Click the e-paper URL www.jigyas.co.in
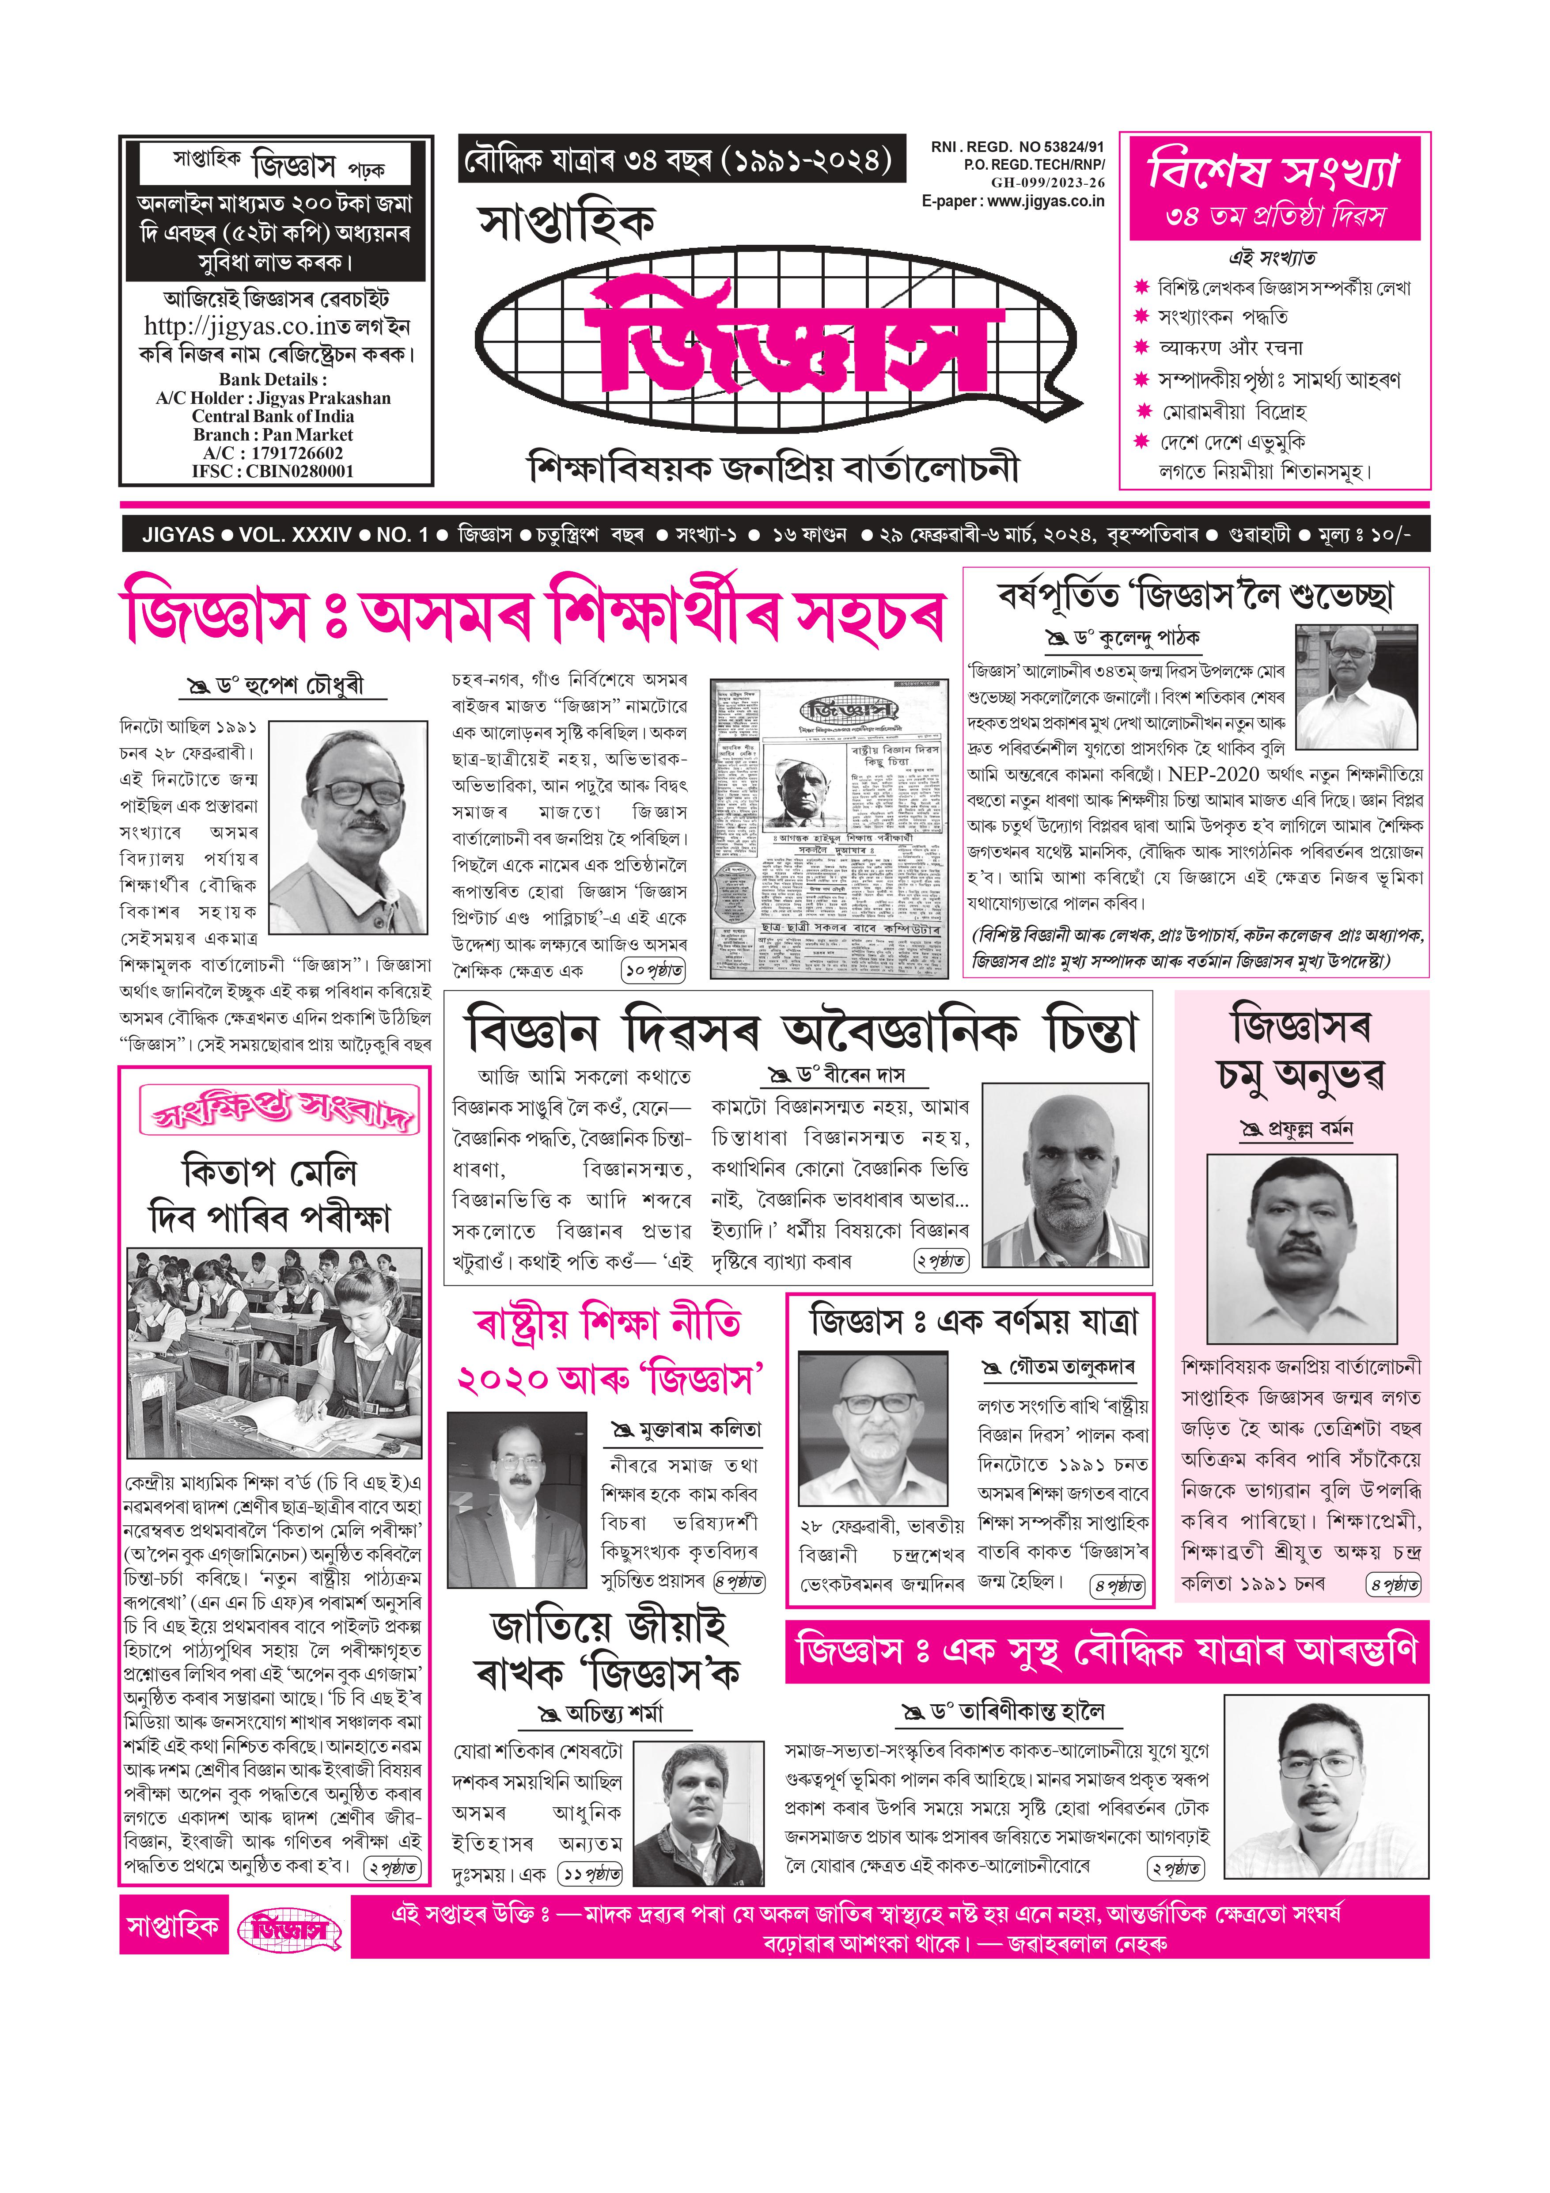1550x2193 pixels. coord(1045,201)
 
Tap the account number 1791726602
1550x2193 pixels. coord(287,453)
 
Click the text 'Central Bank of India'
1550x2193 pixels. coord(273,416)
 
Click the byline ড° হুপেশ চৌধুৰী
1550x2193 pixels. coord(287,686)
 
